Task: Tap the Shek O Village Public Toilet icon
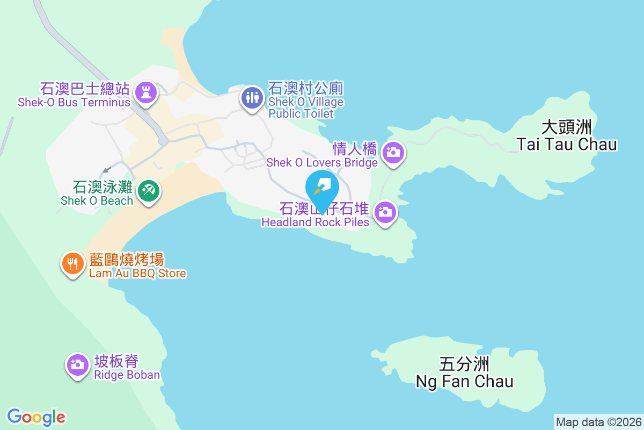point(251,97)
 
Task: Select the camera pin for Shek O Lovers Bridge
point(393,153)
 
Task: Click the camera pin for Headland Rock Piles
point(385,212)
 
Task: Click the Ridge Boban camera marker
point(78,365)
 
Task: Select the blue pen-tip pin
point(322,187)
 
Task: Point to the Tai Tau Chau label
point(566,136)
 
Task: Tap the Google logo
point(36,417)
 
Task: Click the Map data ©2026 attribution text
point(598,422)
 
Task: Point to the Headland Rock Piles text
point(315,215)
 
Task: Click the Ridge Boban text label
point(127,368)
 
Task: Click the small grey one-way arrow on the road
point(107,169)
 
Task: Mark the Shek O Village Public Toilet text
point(306,101)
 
